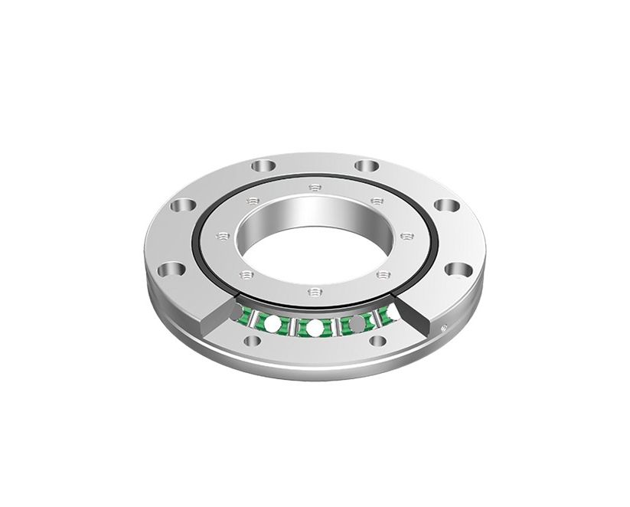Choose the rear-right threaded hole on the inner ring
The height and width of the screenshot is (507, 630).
(376, 201)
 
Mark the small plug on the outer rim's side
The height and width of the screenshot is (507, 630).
(445, 328)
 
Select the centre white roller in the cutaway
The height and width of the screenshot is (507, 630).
(314, 328)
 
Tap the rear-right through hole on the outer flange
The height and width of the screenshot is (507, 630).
(367, 165)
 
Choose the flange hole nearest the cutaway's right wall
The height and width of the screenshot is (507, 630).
(458, 269)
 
